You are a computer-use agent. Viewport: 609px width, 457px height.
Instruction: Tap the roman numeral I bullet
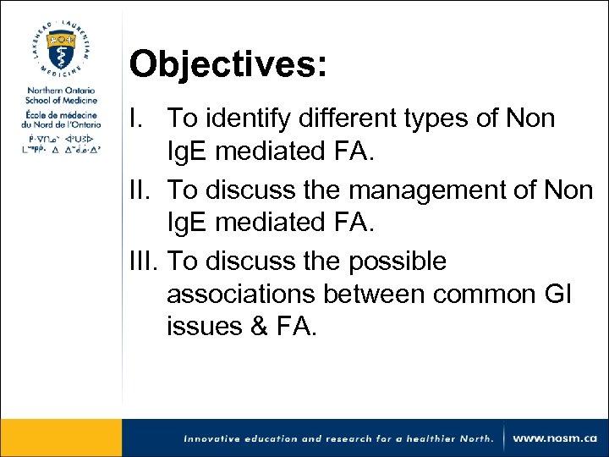coord(135,118)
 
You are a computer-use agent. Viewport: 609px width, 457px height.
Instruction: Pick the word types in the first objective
coord(433,119)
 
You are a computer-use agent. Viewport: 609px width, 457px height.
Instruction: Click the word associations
coord(245,295)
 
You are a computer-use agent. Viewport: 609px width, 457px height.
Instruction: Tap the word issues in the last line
coord(200,327)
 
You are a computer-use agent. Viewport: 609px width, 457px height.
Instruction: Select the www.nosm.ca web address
coord(555,438)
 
